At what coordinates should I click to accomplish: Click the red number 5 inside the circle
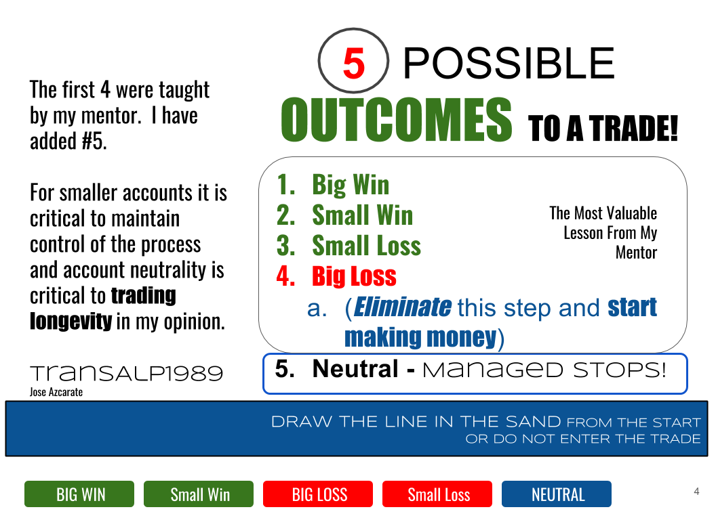pos(354,64)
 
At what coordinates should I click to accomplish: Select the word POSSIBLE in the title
pos(509,63)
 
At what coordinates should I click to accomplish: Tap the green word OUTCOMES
pos(397,120)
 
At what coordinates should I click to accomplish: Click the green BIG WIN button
pos(79,494)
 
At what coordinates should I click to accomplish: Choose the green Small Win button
pos(199,494)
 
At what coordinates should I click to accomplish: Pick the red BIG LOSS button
pos(318,494)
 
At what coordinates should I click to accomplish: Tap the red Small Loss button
pos(437,494)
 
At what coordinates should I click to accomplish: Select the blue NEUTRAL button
pos(557,494)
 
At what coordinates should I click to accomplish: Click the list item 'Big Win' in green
pos(351,186)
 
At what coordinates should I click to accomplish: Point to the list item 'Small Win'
pos(363,215)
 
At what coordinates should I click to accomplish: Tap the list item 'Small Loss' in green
pos(367,246)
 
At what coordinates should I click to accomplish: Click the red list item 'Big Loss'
pos(355,276)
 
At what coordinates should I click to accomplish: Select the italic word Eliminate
pos(402,307)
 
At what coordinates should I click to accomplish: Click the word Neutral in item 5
pos(356,368)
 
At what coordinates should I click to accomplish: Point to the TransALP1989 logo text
pos(127,373)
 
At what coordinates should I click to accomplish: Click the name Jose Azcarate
pos(56,392)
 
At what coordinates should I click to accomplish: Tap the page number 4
pos(696,492)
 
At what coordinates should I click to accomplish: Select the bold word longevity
pos(71,321)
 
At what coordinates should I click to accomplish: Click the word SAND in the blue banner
pos(534,421)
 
